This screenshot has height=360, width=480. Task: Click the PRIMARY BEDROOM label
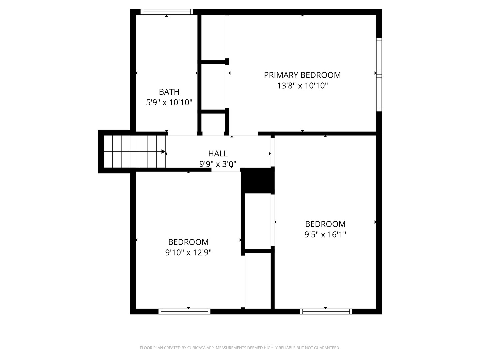click(x=302, y=75)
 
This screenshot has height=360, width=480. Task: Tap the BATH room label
click(x=169, y=92)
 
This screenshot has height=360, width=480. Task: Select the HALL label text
click(x=218, y=154)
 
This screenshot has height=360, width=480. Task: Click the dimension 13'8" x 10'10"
click(x=302, y=86)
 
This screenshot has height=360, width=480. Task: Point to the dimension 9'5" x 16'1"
click(x=325, y=235)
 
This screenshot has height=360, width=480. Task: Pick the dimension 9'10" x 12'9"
click(x=188, y=253)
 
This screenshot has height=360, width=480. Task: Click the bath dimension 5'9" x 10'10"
click(x=169, y=103)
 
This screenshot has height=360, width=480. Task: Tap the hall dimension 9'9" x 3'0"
click(x=218, y=164)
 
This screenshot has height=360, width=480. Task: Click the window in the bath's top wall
click(x=167, y=12)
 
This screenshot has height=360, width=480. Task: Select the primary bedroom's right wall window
click(x=379, y=75)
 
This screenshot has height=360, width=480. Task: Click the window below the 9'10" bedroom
click(x=184, y=311)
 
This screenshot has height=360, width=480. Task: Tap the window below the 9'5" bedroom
click(x=326, y=311)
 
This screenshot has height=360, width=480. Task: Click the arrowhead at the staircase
click(x=163, y=151)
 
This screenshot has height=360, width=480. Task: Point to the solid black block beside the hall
click(x=258, y=181)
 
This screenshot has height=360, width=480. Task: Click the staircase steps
click(x=134, y=151)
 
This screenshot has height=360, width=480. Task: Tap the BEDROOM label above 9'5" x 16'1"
click(x=325, y=224)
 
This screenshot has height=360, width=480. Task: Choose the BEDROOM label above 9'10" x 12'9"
click(x=188, y=242)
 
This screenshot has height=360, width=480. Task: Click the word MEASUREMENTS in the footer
click(x=231, y=348)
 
